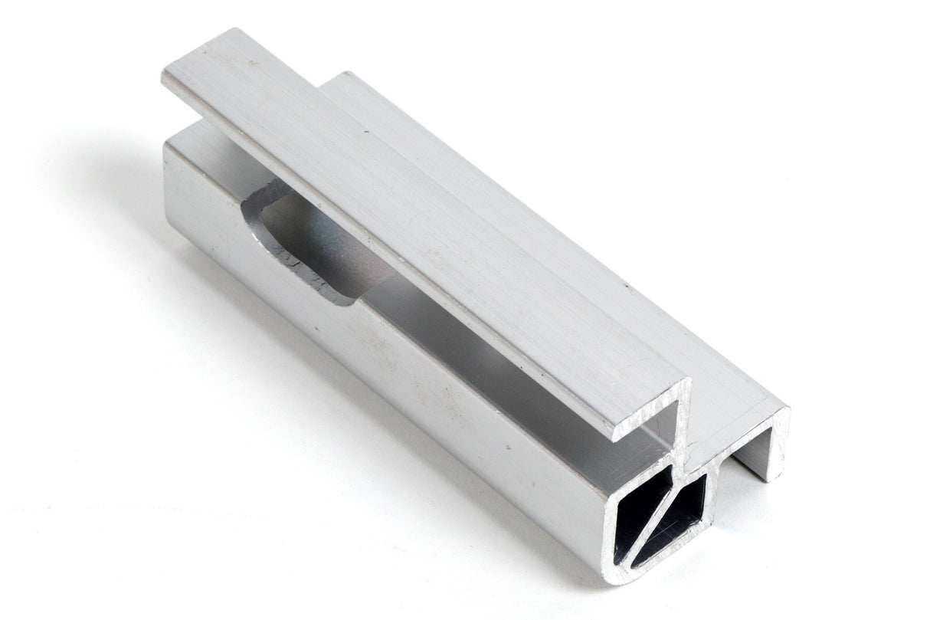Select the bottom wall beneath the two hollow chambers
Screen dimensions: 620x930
(x=659, y=556)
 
